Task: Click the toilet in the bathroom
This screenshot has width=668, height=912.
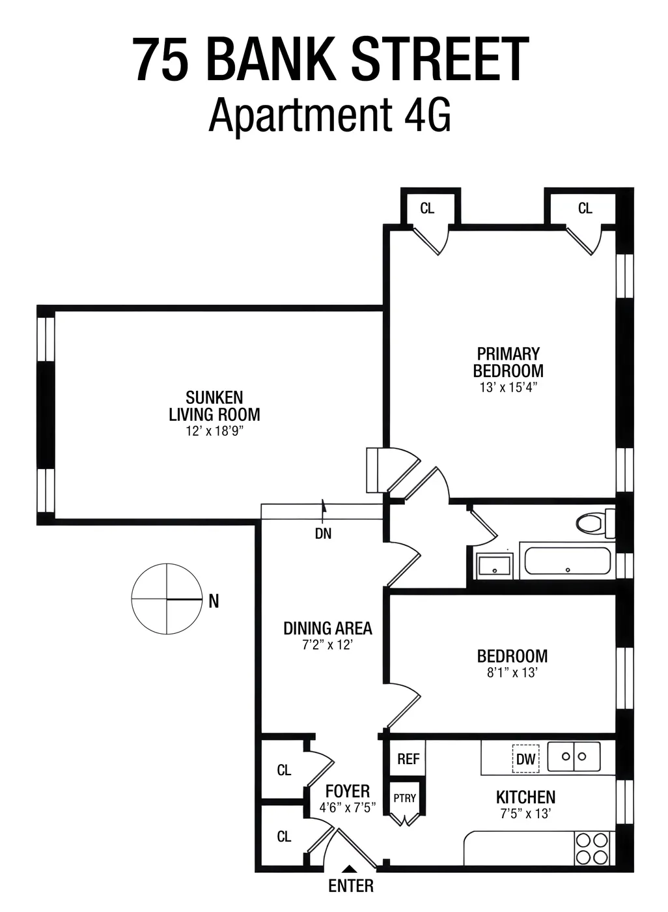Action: coord(594,523)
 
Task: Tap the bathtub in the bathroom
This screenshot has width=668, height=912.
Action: coord(567,562)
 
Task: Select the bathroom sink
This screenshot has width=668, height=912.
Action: coord(495,565)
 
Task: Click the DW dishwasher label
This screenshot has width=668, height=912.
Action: coord(525,759)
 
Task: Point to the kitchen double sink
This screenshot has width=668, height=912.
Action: coord(574,756)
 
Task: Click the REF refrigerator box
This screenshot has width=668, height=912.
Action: coord(408,759)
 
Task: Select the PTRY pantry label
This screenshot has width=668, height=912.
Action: coord(404,798)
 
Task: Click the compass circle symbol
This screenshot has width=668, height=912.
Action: coord(167,599)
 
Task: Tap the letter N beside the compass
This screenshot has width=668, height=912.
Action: coord(214,602)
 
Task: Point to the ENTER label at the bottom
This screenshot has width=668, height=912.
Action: coord(351,886)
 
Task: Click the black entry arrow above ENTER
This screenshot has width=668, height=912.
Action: coord(350,869)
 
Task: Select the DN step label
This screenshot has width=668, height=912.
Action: coord(323,534)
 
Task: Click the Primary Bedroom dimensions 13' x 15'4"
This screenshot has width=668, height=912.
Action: coord(508,387)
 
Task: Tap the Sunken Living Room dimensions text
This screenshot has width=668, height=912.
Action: coord(214,431)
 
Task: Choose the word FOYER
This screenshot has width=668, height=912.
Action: coord(348,791)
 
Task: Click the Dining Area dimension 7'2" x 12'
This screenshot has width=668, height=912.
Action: coord(327,645)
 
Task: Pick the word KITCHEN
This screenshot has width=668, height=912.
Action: coord(525,797)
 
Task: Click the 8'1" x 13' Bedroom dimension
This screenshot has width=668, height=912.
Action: coord(512,672)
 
